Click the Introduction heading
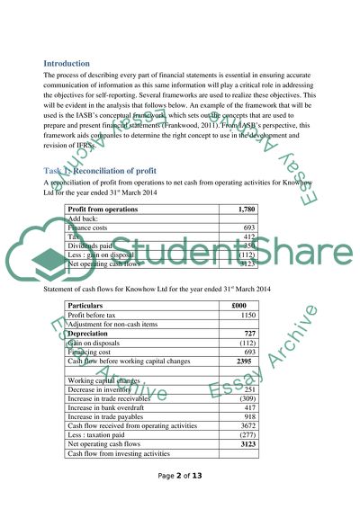[x=67, y=63]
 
